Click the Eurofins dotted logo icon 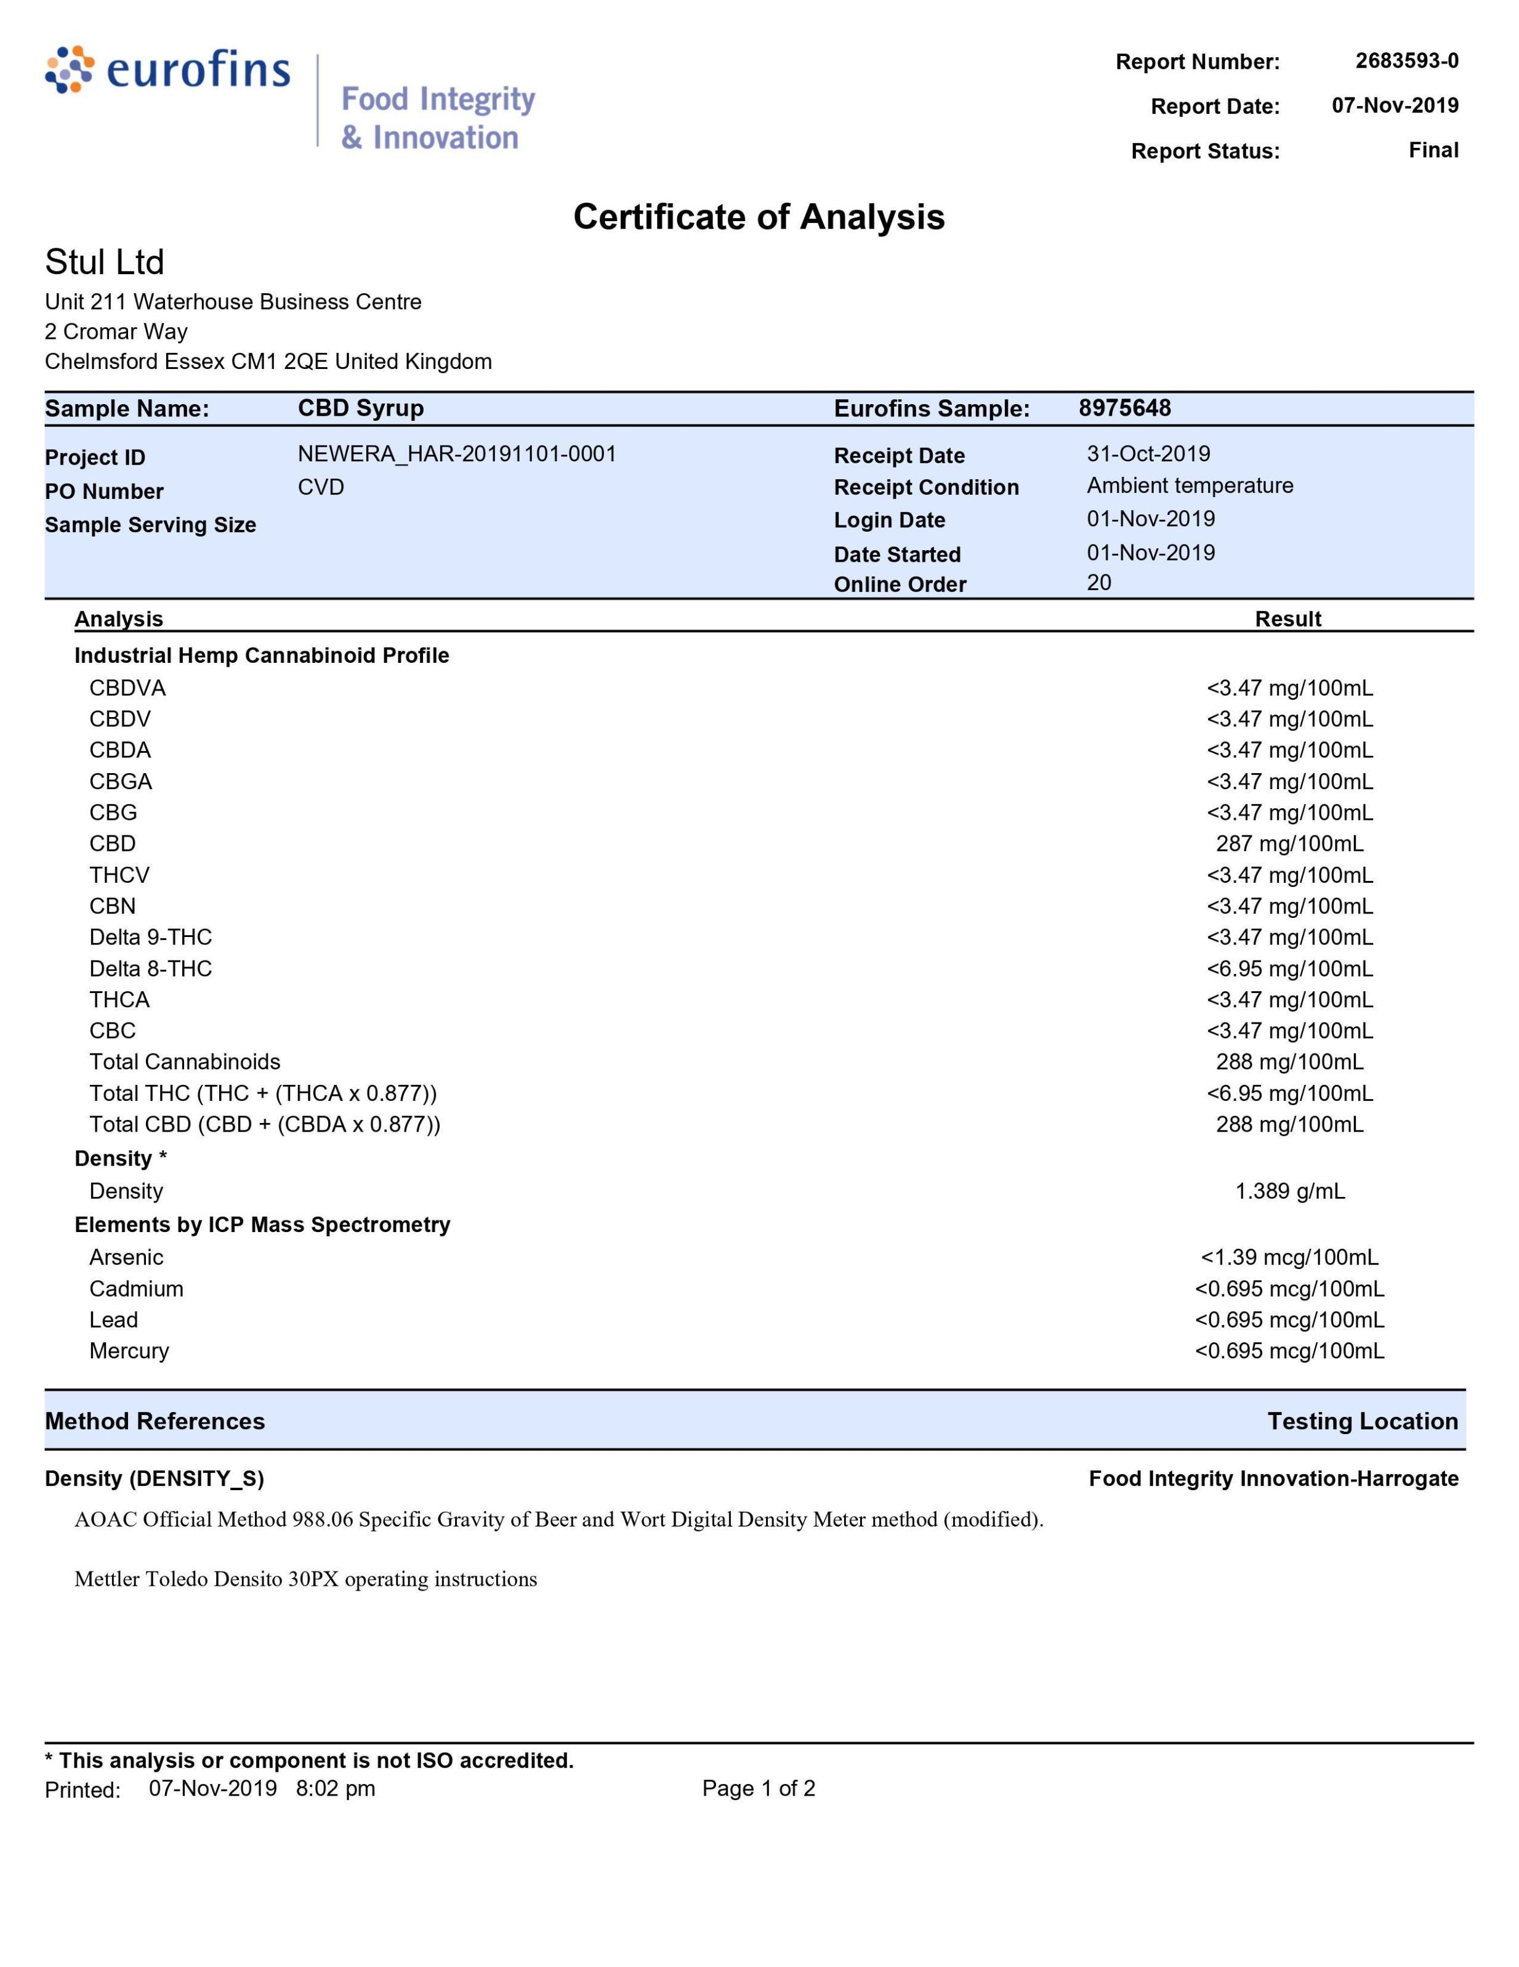tap(70, 70)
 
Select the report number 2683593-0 tap(1406, 60)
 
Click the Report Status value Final tap(1433, 150)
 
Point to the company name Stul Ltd tap(105, 262)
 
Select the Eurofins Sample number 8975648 tap(1124, 408)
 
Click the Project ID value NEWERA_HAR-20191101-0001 tap(456, 454)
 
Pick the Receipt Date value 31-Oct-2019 tap(1148, 454)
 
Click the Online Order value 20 tap(1098, 583)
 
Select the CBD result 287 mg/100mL tap(1289, 844)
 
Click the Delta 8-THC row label tap(150, 968)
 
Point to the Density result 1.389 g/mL tap(1289, 1191)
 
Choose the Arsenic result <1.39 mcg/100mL tap(1289, 1257)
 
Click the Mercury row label tap(129, 1351)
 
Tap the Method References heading tap(155, 1421)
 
